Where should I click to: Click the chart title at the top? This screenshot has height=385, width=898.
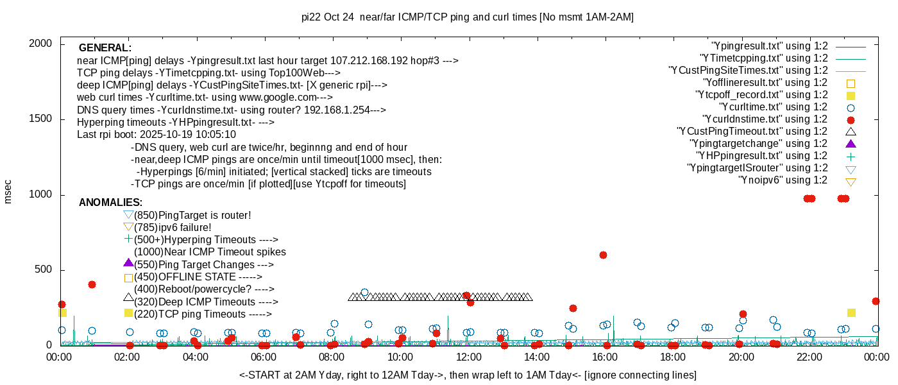[468, 17]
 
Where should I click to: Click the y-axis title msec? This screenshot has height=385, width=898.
[8, 192]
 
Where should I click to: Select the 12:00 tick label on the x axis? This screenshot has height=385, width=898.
[468, 357]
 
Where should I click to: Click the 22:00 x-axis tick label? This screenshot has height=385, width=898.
[809, 357]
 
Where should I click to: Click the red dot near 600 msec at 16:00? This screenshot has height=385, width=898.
[603, 255]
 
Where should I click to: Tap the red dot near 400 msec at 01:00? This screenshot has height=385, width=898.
[92, 284]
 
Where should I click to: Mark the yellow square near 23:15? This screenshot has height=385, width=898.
[851, 312]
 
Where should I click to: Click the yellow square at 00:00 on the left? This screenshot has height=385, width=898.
[62, 312]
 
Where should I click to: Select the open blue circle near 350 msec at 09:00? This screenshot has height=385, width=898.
[364, 292]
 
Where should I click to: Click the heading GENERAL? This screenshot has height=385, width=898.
[105, 48]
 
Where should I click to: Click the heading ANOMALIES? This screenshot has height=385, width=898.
[110, 203]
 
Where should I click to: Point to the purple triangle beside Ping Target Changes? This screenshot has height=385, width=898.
[128, 263]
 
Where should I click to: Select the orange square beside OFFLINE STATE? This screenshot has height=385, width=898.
[128, 278]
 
